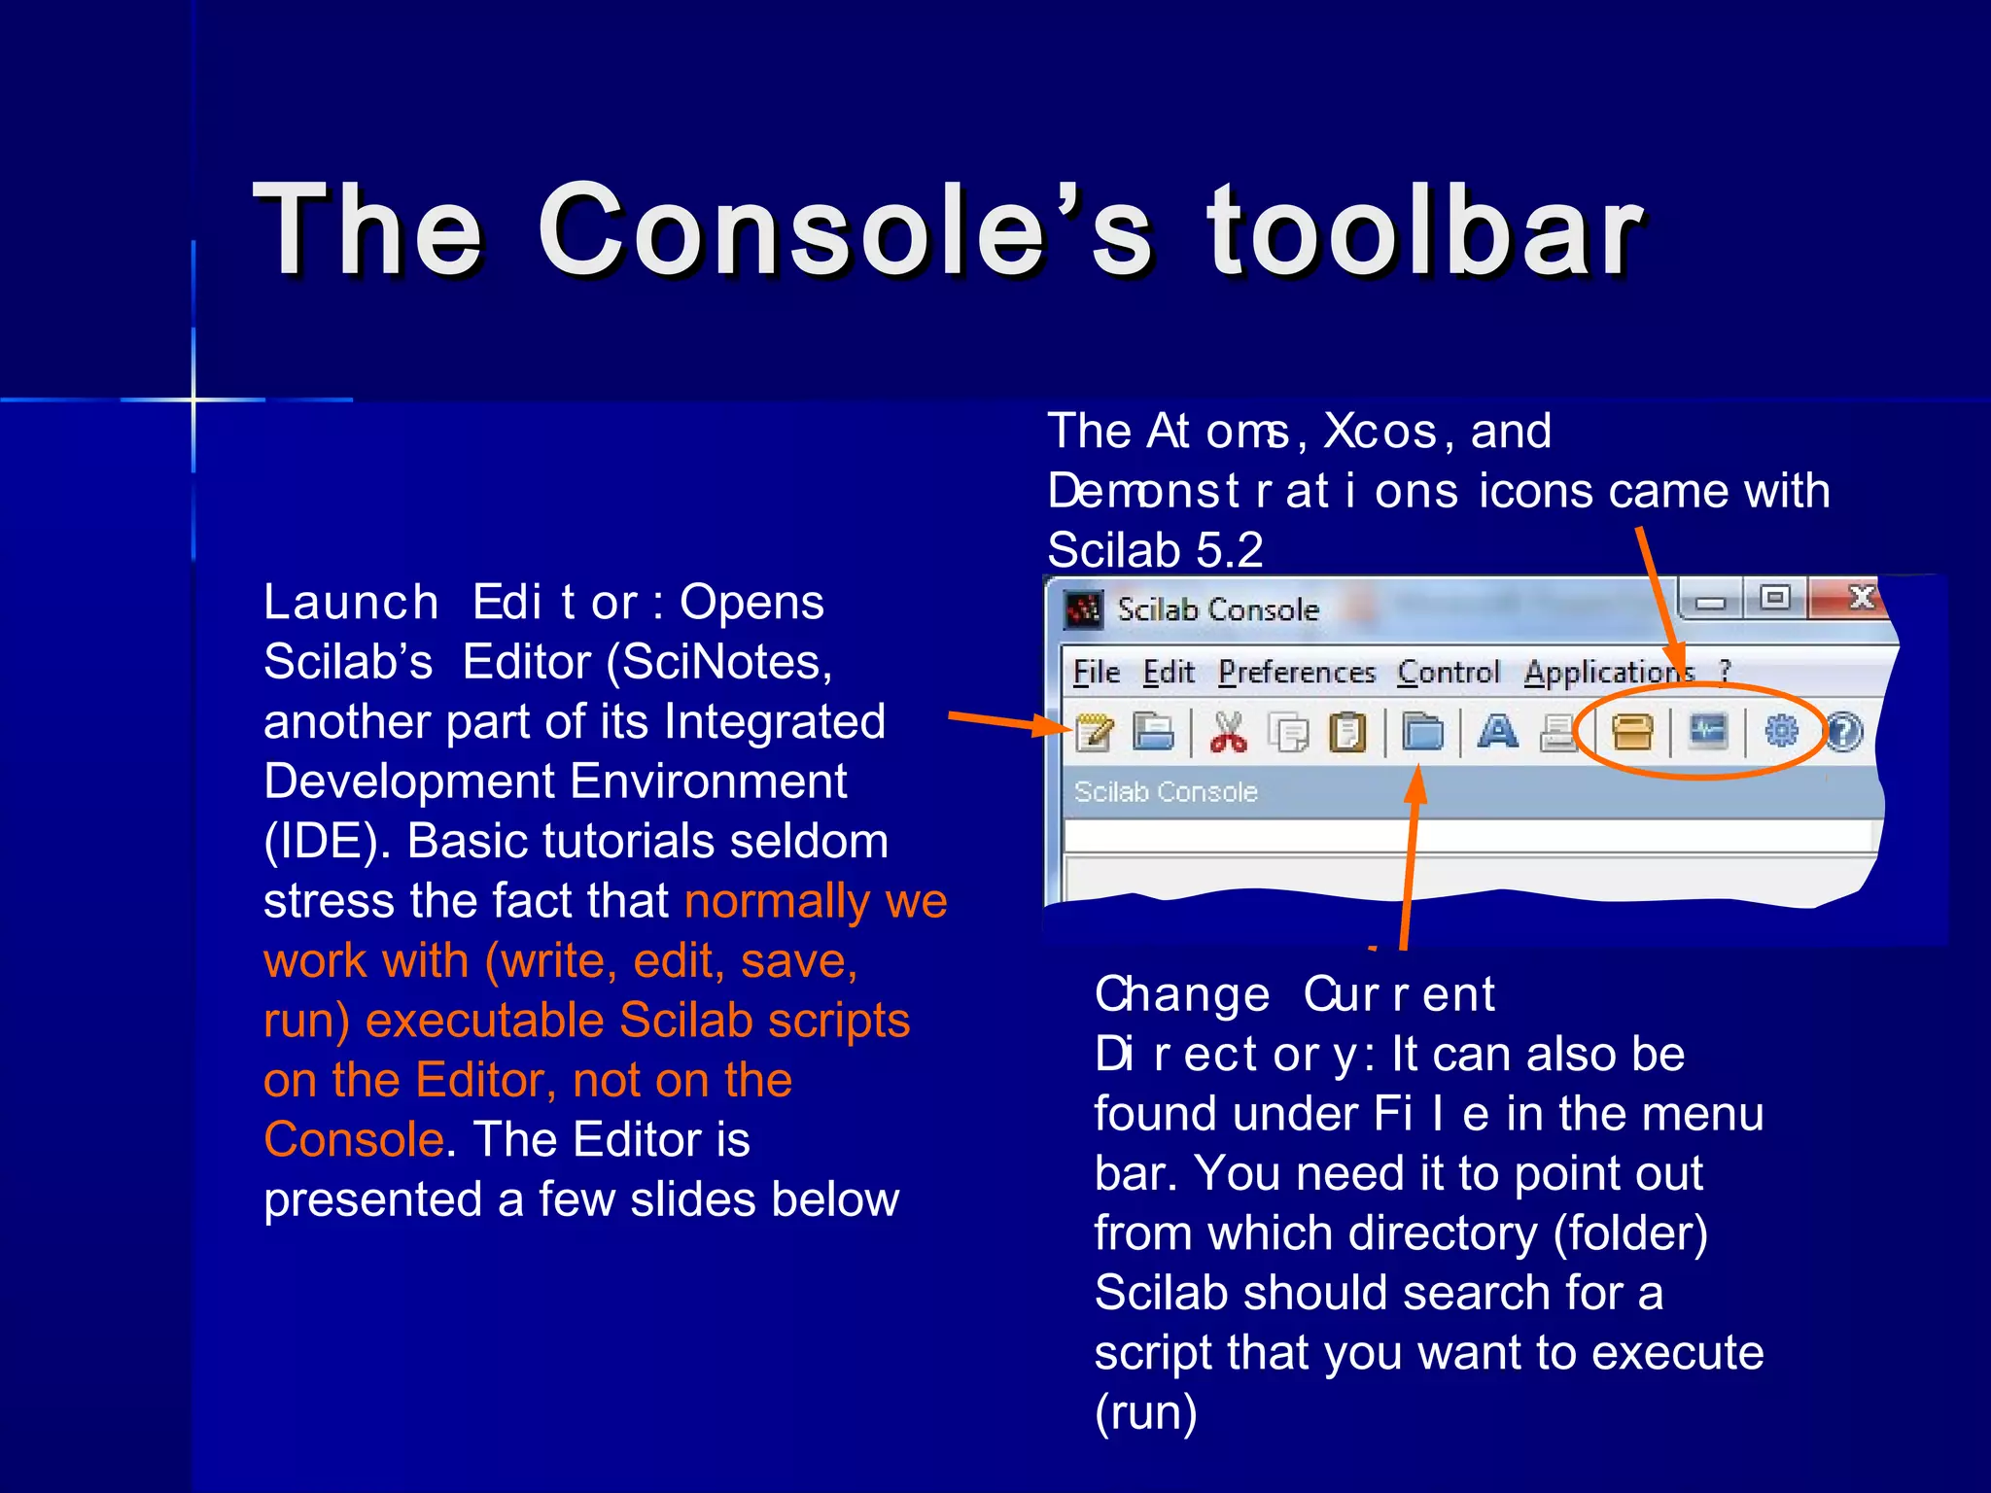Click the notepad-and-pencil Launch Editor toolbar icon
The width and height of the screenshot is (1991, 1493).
coord(1094,731)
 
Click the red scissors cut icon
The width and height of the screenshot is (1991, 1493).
coord(1229,732)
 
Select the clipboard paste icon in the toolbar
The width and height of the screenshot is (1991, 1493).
coord(1347,732)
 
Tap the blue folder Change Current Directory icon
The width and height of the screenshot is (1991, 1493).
coord(1422,731)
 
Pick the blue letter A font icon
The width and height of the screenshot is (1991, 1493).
coord(1497,731)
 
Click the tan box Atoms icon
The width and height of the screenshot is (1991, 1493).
coord(1632,731)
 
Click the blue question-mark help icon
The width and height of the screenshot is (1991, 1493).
coord(1843,731)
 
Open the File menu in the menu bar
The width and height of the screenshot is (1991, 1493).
coord(1096,673)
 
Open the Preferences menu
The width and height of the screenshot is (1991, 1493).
coord(1297,673)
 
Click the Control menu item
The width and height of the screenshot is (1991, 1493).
coord(1449,673)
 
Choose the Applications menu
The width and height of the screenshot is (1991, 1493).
coord(1608,673)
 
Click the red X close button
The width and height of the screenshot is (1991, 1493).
coord(1859,598)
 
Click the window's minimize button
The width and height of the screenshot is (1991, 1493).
coord(1710,602)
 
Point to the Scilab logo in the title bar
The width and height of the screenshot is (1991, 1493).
coord(1084,609)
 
